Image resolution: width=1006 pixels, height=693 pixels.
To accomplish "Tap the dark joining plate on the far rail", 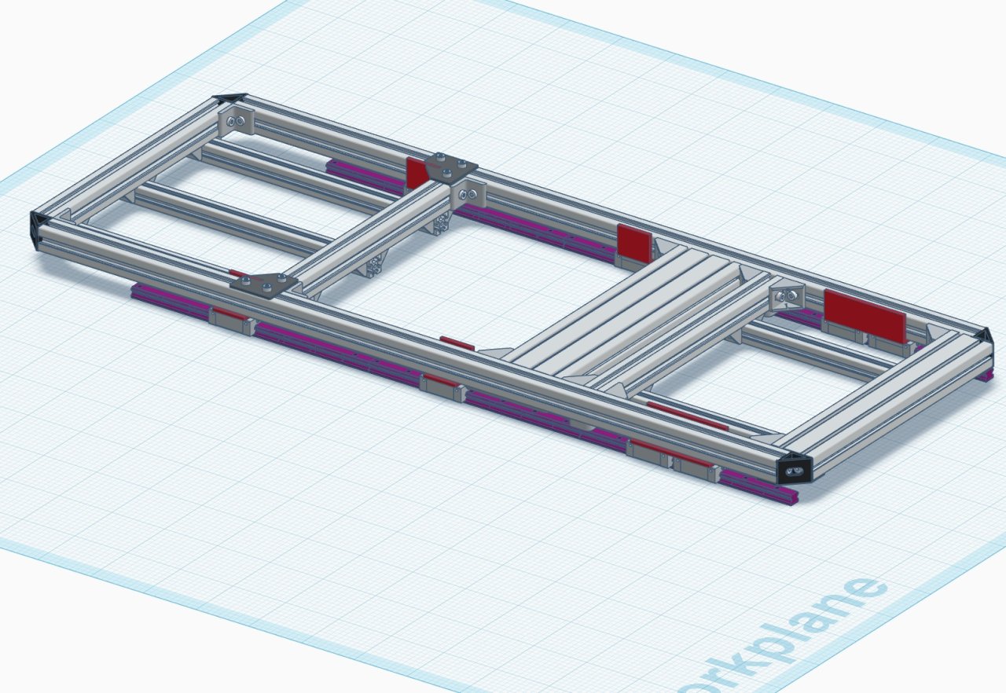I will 451,167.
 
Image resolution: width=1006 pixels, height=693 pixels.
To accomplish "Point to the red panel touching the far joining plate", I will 416,172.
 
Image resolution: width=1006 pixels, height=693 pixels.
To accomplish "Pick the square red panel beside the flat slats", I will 634,242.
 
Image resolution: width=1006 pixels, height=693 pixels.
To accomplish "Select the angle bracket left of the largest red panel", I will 788,298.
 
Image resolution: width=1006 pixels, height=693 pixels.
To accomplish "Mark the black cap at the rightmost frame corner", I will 982,335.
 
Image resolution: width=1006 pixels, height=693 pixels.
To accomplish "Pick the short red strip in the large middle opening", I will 457,343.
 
